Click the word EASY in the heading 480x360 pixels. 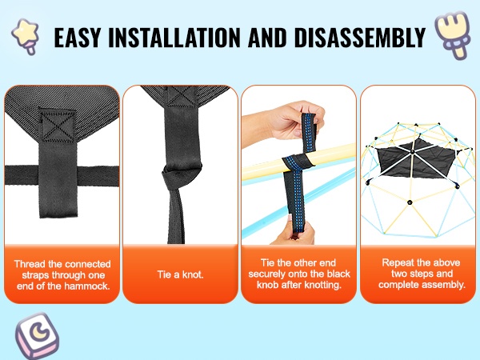[x=77, y=38]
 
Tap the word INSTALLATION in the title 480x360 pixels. [x=174, y=38]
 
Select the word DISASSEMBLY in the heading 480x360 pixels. [x=360, y=38]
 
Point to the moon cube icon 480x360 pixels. [x=37, y=335]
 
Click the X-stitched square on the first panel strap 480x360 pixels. [x=58, y=126]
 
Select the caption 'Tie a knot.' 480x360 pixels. [x=180, y=274]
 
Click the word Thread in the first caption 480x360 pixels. [x=30, y=264]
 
